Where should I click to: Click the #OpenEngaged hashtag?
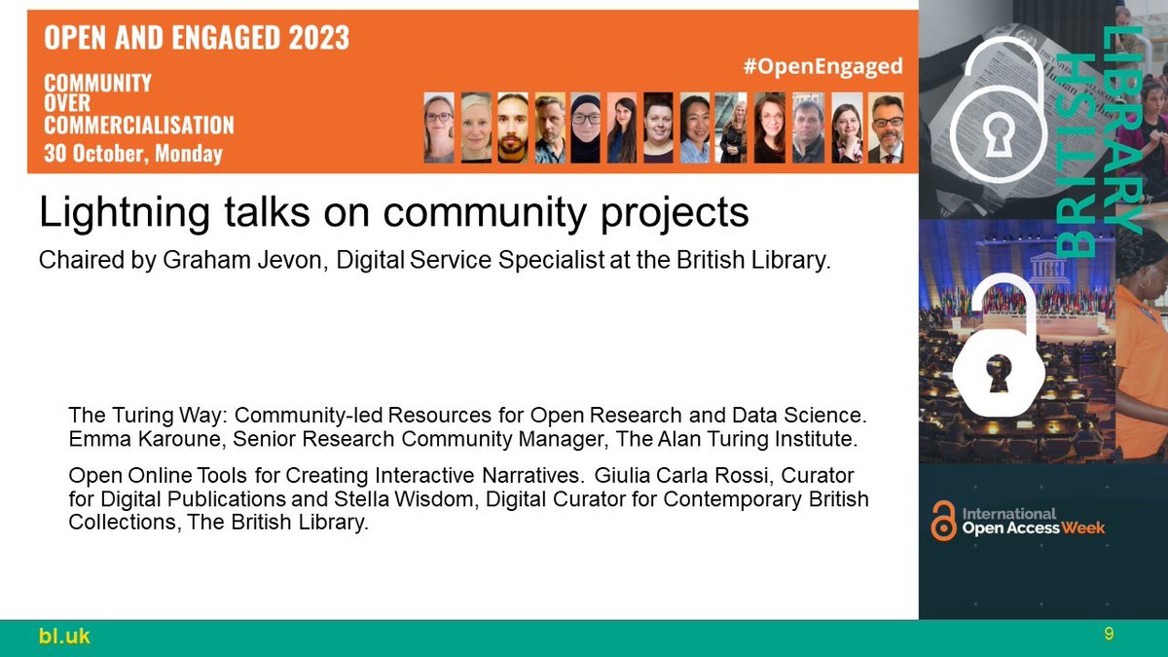(x=821, y=66)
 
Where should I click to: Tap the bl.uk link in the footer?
(x=65, y=637)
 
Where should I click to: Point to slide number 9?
(x=1109, y=635)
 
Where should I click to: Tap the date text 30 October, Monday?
(x=133, y=153)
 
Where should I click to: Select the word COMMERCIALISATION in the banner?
(x=139, y=125)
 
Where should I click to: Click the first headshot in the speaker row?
(x=439, y=128)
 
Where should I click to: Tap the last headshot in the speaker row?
(x=886, y=128)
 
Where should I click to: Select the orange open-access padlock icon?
(x=943, y=521)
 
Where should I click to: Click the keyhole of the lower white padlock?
(x=995, y=374)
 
